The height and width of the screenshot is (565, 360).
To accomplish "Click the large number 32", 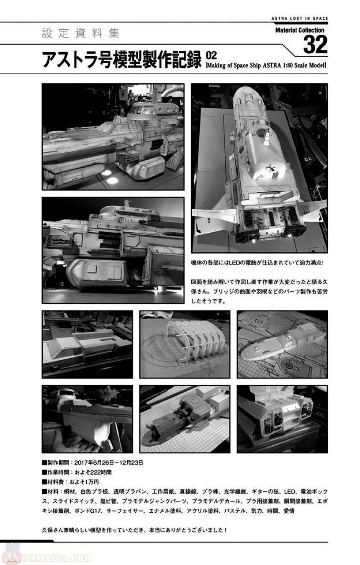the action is pyautogui.click(x=315, y=45).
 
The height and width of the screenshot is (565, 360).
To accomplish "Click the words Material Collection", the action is pyautogui.click(x=300, y=30).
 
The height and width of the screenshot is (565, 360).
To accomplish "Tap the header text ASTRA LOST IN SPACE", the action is pyautogui.click(x=300, y=18).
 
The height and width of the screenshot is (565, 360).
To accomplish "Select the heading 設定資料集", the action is pyautogui.click(x=80, y=33).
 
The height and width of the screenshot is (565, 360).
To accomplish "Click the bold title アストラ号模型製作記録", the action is pyautogui.click(x=122, y=60).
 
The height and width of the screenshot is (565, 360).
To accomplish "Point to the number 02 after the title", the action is pyautogui.click(x=211, y=55).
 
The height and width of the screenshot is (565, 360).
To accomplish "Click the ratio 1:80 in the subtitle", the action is pyautogui.click(x=288, y=65).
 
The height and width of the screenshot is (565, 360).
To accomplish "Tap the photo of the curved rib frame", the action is pyautogui.click(x=185, y=344).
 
